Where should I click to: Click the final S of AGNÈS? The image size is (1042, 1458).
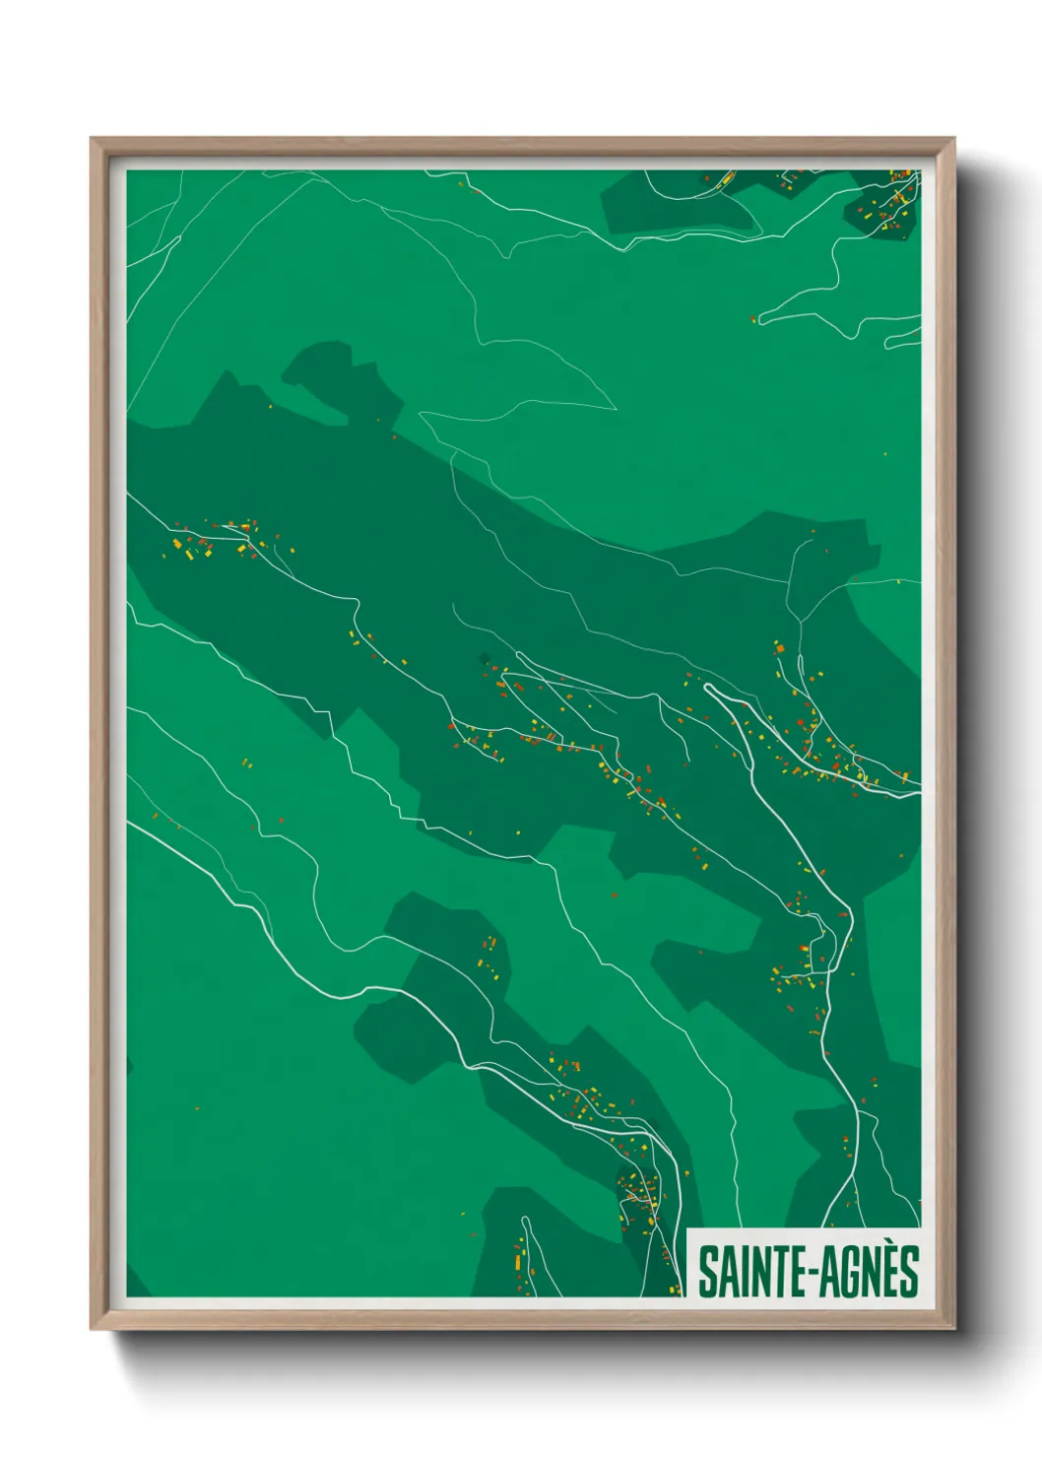coord(907,1272)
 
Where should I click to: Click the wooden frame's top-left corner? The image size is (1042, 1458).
coord(92,140)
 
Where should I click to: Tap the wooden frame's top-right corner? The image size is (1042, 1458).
coord(953,140)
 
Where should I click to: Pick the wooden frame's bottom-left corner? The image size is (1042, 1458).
coord(92,1329)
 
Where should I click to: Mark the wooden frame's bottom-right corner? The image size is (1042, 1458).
coord(953,1329)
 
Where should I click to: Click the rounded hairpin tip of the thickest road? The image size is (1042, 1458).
coord(708,688)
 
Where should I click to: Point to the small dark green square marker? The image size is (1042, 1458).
coord(484,658)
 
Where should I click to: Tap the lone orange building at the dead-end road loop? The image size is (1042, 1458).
coord(754,318)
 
